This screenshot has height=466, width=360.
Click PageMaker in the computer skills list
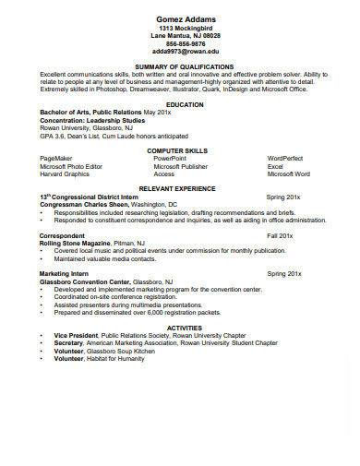coord(56,159)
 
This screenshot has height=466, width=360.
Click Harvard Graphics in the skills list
coord(65,173)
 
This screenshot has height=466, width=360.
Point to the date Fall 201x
coord(280,236)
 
